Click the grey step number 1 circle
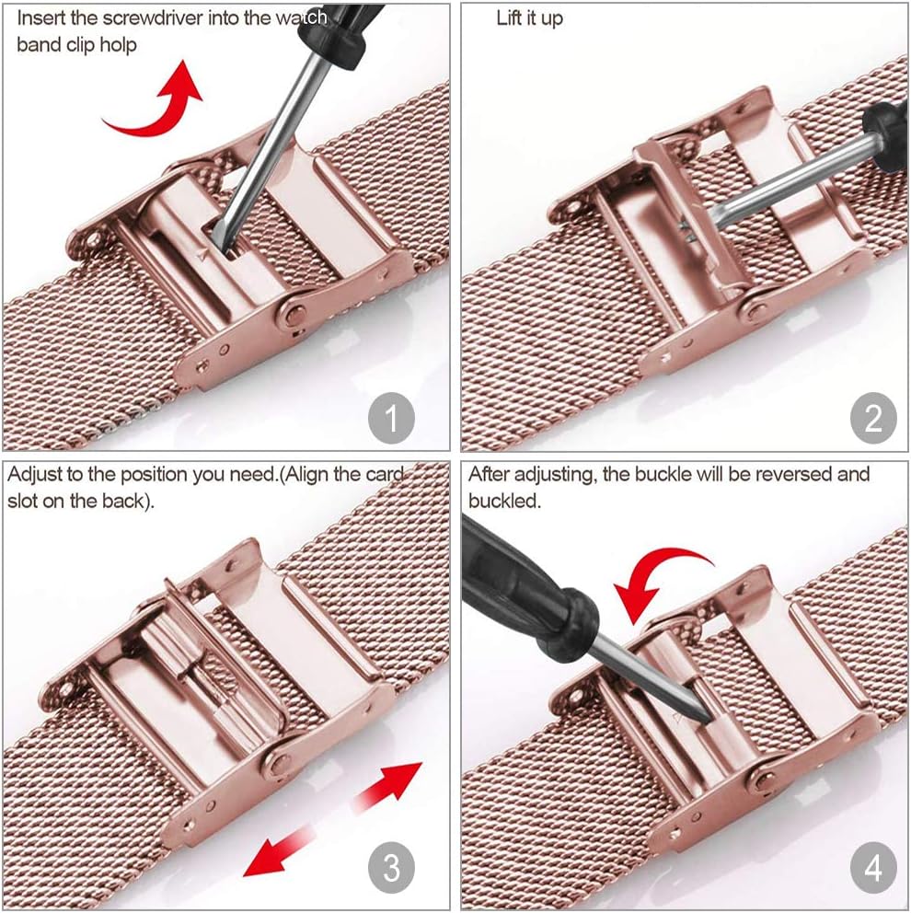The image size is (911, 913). point(391,418)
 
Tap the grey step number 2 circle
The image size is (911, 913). point(873,418)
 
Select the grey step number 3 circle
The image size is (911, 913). point(391,867)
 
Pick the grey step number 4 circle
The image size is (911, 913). point(873,867)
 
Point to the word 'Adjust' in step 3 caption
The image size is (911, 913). point(35,475)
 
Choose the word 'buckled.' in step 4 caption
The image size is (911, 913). point(504,501)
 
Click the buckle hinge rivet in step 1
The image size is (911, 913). point(293,317)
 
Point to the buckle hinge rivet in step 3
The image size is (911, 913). point(278,763)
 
